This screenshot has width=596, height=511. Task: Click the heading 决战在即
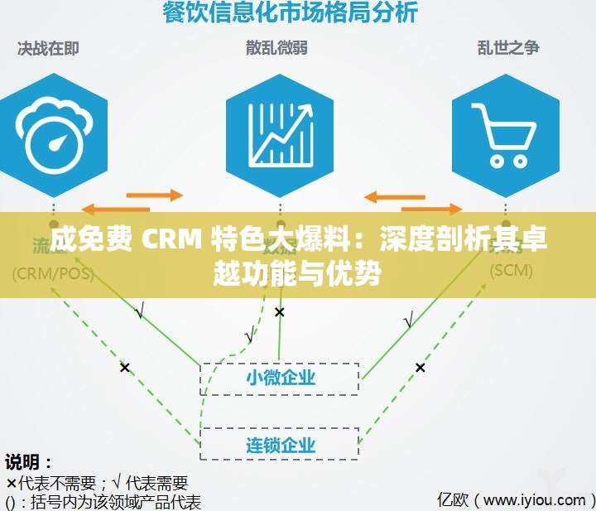[49, 48]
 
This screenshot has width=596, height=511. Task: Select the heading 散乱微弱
[276, 48]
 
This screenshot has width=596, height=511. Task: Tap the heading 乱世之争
[508, 48]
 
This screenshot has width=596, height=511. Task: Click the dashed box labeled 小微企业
[281, 378]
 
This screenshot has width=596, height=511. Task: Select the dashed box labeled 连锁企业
[281, 443]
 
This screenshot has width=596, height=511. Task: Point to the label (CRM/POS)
[51, 272]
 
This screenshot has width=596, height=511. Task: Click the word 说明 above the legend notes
[29, 462]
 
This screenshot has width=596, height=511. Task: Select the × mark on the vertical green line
[280, 312]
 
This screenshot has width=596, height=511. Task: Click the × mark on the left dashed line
[124, 367]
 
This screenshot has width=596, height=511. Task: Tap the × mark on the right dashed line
[420, 367]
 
